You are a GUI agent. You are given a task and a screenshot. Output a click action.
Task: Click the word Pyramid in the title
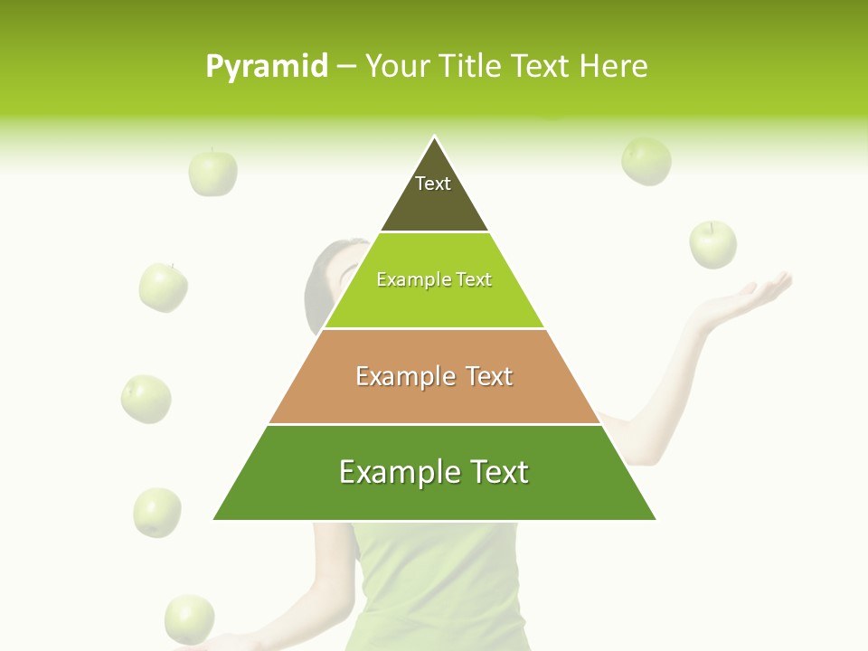click(x=266, y=67)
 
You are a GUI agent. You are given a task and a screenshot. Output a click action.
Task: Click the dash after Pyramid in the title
click(x=346, y=67)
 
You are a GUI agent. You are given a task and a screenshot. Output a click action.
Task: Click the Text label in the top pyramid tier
click(x=433, y=184)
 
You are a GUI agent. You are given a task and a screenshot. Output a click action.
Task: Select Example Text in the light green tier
click(x=434, y=279)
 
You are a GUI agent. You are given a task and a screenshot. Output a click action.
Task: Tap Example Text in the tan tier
click(x=434, y=376)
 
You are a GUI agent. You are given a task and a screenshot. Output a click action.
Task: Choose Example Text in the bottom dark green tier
click(x=434, y=472)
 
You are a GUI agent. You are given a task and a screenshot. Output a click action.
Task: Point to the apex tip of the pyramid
click(x=434, y=137)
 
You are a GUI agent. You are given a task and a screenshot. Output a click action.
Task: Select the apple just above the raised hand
click(x=713, y=244)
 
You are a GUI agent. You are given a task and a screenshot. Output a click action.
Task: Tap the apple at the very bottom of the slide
click(x=190, y=618)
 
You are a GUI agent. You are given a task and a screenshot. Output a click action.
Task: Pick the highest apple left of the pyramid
click(x=212, y=173)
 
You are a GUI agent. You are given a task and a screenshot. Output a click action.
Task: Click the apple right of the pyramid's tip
click(x=646, y=161)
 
